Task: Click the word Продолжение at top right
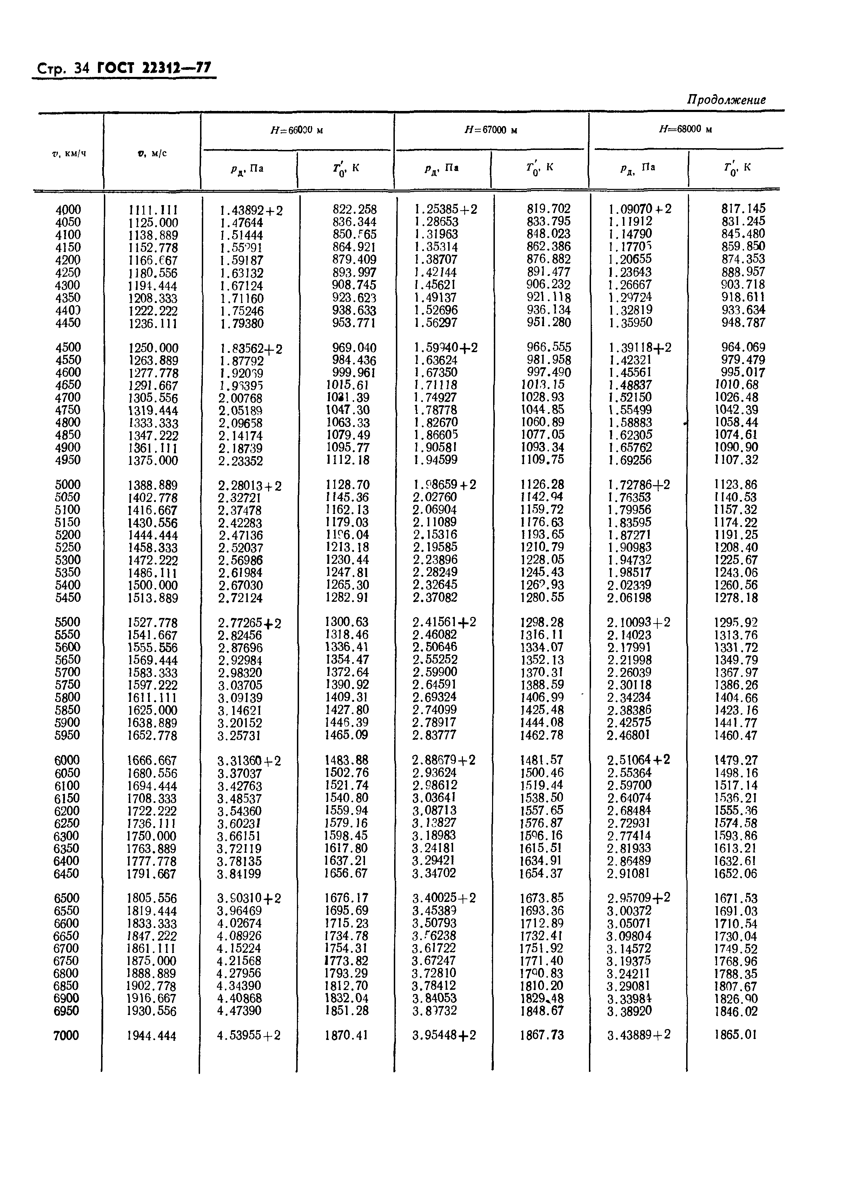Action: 726,100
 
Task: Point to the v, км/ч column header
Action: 69,153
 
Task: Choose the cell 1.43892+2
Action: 251,211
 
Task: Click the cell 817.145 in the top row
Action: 743,209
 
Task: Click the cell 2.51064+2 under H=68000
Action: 638,760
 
